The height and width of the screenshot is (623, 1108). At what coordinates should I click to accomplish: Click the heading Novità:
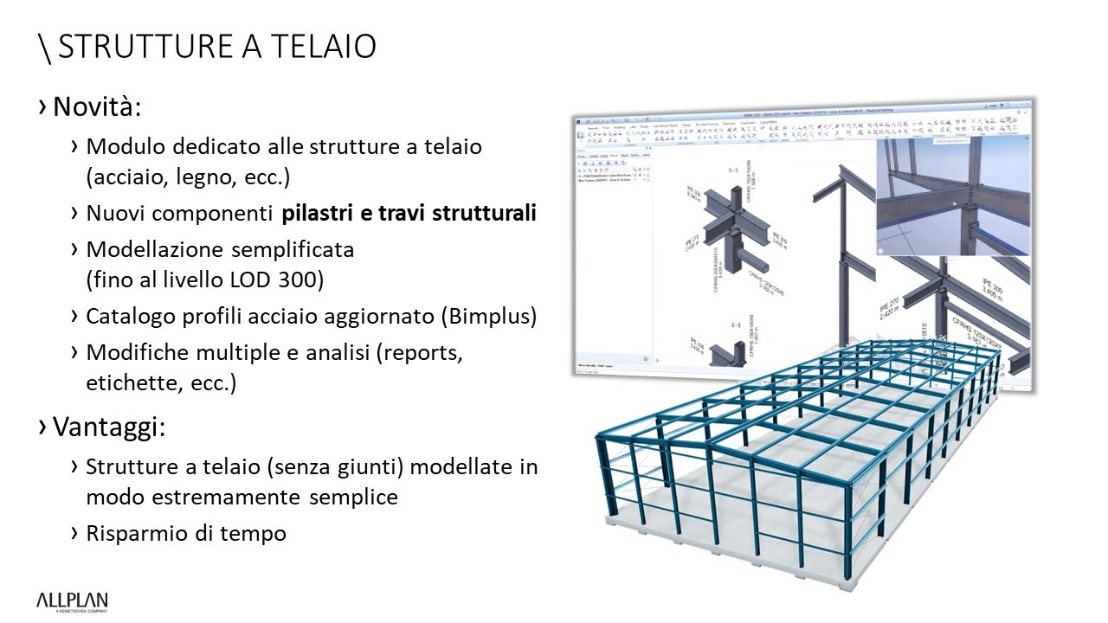click(96, 108)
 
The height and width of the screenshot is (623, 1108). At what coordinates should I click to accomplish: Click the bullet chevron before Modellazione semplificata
click(75, 249)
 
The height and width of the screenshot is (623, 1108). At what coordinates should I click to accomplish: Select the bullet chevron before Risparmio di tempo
click(75, 533)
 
